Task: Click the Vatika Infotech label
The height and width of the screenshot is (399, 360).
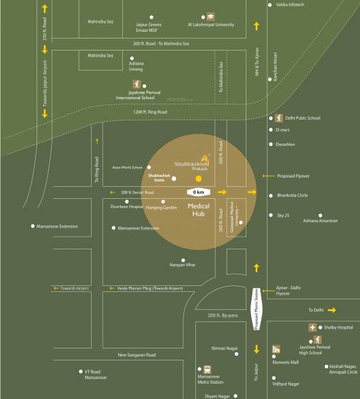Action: [291, 5]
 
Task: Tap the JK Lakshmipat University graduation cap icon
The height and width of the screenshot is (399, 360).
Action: [209, 17]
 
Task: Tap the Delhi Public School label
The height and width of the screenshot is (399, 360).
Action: [302, 118]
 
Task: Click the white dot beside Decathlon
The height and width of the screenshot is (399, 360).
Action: [270, 144]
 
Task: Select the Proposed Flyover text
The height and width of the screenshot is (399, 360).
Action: [295, 176]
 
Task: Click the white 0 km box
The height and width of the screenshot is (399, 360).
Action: [197, 192]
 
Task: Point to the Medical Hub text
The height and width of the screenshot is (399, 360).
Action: [200, 210]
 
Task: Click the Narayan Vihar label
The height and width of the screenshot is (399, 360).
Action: [183, 264]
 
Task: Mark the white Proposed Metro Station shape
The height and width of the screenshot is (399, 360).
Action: [257, 309]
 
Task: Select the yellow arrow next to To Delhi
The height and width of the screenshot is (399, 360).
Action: [332, 310]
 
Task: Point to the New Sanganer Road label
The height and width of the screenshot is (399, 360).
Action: [137, 355]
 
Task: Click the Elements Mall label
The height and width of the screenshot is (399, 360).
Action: [285, 362]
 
